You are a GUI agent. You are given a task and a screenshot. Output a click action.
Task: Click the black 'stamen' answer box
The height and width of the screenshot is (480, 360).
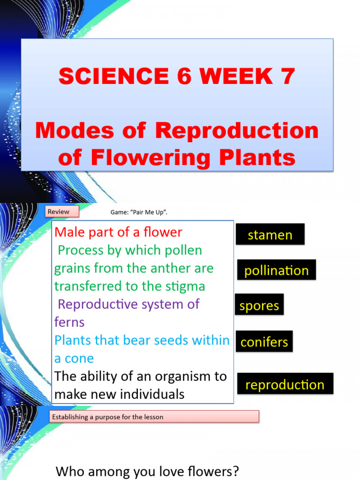270,234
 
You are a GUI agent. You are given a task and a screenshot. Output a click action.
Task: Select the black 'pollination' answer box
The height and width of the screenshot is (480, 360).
276,270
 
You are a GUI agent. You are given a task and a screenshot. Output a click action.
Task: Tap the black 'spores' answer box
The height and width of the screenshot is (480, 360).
259,305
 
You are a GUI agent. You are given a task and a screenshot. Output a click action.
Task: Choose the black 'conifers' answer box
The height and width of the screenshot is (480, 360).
264,342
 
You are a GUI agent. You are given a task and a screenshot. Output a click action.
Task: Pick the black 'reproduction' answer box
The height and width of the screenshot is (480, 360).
285,384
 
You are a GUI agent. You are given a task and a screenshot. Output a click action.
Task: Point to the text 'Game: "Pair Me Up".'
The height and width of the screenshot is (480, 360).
139,212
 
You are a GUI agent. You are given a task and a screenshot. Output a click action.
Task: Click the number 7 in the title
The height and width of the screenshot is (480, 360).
285,76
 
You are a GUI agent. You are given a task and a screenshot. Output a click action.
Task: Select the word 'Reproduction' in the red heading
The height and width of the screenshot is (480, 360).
237,131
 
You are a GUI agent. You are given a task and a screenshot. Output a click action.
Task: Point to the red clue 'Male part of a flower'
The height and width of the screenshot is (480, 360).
118,232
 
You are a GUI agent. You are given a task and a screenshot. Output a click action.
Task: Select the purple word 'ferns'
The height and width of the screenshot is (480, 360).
69,322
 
